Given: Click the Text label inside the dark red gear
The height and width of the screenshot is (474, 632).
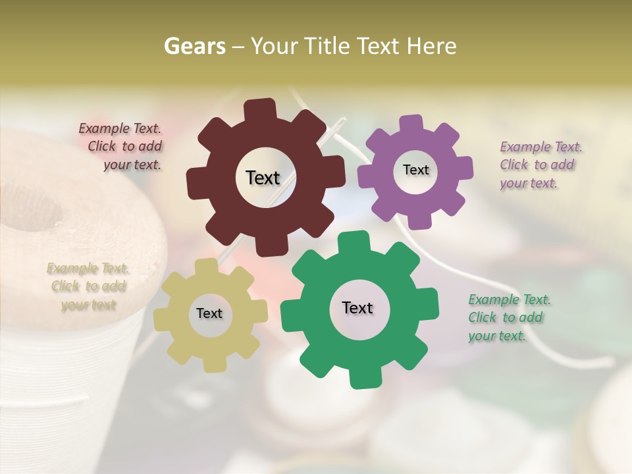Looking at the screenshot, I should coord(263,178).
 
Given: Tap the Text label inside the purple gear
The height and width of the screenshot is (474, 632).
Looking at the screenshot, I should coord(415,170).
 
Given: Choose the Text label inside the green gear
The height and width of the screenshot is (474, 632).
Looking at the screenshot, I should coord(357,307).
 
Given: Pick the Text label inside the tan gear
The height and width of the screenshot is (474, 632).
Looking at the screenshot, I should coord(209,313).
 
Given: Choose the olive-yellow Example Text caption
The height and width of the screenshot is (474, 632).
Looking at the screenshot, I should coord(88,286).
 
